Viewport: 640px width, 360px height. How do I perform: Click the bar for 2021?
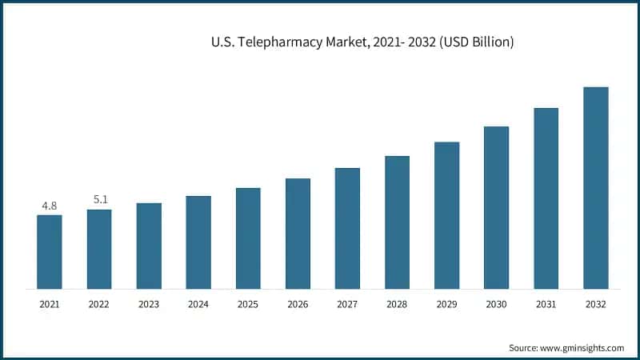[x=50, y=251]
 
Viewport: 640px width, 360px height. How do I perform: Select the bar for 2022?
[x=99, y=249]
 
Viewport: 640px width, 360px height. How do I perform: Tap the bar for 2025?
[x=248, y=238]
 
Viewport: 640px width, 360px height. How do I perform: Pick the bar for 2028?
[x=397, y=222]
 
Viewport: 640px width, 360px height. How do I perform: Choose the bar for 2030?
[x=496, y=207]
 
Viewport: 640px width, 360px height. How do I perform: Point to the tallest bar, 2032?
[x=595, y=187]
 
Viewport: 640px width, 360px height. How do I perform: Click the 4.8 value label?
[x=50, y=206]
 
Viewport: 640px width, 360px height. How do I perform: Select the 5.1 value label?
[x=100, y=199]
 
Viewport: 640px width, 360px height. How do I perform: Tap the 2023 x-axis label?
[x=149, y=305]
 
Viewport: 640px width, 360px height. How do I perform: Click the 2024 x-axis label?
[x=198, y=305]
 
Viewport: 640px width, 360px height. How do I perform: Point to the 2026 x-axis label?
[x=298, y=305]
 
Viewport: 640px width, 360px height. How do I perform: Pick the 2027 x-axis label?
[x=347, y=305]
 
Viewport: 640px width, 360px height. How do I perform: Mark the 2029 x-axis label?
[x=446, y=305]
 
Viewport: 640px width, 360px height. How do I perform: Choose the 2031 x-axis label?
[x=546, y=305]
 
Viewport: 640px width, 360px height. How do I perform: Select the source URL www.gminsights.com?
[x=582, y=348]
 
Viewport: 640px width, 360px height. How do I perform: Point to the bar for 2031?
[x=546, y=198]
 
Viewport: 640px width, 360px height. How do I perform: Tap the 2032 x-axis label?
[x=595, y=305]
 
